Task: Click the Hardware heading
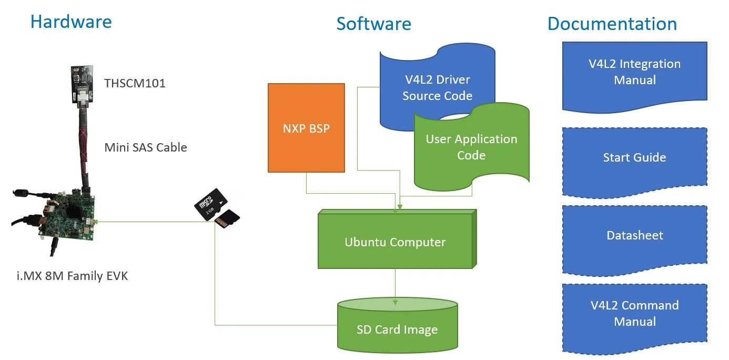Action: point(71,22)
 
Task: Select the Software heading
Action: point(373,24)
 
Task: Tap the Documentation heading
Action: point(612,24)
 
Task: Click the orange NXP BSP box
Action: point(306,128)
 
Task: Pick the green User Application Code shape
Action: point(471,147)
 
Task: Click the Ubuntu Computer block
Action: point(395,242)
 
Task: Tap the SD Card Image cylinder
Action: point(397,327)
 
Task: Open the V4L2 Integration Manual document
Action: point(634,73)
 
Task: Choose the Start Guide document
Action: point(634,158)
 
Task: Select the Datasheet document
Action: point(634,236)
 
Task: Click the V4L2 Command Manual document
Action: point(634,314)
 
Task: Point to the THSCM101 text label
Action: point(135,83)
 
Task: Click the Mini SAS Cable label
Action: point(146,147)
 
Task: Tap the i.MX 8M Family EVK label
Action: point(72,276)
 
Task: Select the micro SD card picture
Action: point(216,208)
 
